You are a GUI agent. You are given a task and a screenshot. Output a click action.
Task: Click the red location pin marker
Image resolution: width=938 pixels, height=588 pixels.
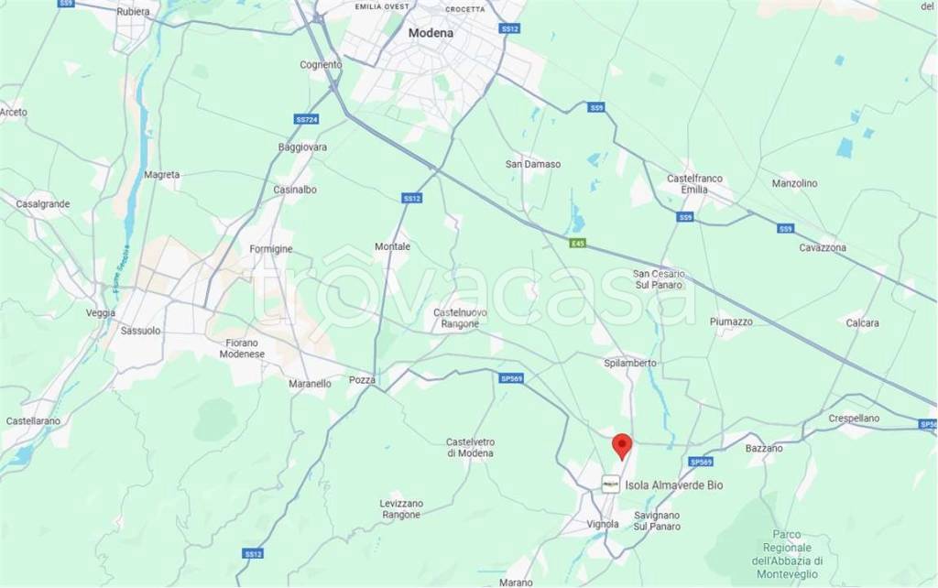[x=622, y=444]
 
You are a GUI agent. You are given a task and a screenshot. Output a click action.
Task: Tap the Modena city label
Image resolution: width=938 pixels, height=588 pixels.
[x=431, y=33]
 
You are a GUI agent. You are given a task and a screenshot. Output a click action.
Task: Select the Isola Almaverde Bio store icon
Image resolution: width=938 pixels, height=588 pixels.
[x=610, y=485]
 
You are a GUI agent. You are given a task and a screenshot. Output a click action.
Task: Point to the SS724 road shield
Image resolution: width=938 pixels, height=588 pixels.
[x=307, y=119]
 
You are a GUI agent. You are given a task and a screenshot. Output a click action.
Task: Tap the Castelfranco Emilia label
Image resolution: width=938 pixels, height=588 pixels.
[x=688, y=183]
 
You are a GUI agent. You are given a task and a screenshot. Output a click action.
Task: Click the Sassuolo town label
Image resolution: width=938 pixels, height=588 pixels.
[x=140, y=331]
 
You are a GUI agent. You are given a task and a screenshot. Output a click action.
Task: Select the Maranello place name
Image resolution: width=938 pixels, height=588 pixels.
[x=309, y=384]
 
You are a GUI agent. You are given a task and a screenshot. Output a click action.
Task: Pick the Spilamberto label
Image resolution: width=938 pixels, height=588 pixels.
[x=630, y=363]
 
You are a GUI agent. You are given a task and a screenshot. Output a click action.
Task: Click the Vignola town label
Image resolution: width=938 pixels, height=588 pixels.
[x=604, y=524]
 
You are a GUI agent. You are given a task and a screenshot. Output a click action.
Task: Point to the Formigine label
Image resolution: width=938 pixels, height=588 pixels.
[x=270, y=249]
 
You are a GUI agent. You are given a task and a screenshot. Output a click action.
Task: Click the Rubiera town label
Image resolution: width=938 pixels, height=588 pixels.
[x=135, y=13]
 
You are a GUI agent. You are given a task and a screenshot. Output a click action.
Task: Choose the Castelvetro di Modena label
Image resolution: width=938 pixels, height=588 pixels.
[x=470, y=447]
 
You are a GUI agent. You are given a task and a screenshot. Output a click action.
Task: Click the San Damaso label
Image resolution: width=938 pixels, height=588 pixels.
[x=533, y=165]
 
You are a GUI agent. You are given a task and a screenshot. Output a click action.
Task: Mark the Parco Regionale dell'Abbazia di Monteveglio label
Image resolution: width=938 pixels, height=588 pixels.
[x=788, y=548]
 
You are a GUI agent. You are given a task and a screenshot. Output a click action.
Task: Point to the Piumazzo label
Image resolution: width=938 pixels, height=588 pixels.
[x=731, y=321]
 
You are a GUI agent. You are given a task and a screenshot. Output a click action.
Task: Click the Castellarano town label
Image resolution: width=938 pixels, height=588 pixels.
[x=33, y=420]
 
